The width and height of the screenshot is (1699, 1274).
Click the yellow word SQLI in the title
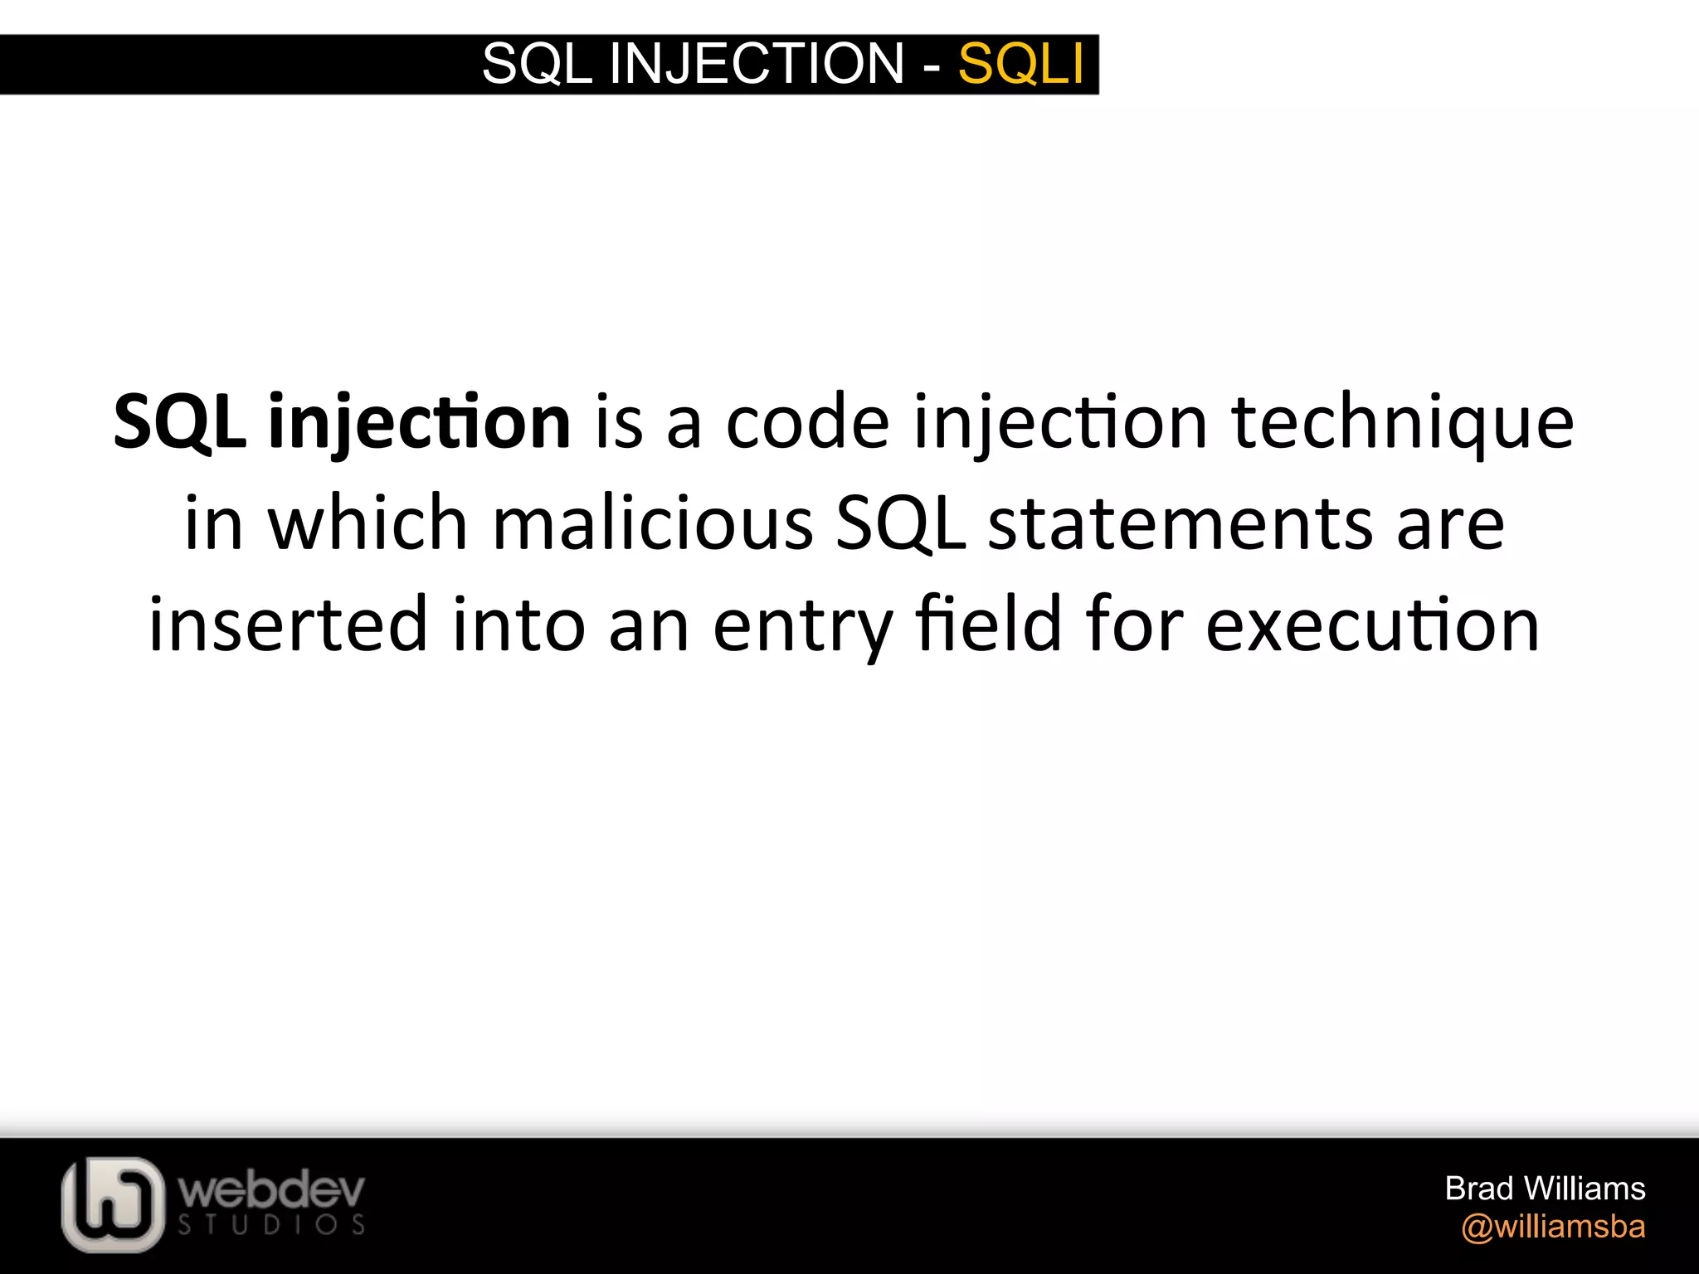click(1020, 64)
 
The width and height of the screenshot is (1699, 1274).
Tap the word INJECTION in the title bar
click(756, 64)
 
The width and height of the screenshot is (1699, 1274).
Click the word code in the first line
click(807, 423)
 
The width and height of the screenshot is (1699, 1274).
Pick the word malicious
click(653, 524)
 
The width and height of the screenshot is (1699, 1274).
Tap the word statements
click(1181, 524)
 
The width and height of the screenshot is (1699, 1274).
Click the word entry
click(803, 627)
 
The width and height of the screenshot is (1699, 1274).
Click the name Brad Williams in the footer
click(1545, 1189)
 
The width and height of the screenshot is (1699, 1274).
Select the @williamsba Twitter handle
click(1553, 1227)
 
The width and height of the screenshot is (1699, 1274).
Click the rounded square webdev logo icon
click(113, 1203)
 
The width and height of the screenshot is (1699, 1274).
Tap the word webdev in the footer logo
click(271, 1191)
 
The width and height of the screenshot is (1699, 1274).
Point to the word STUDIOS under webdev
click(271, 1225)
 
